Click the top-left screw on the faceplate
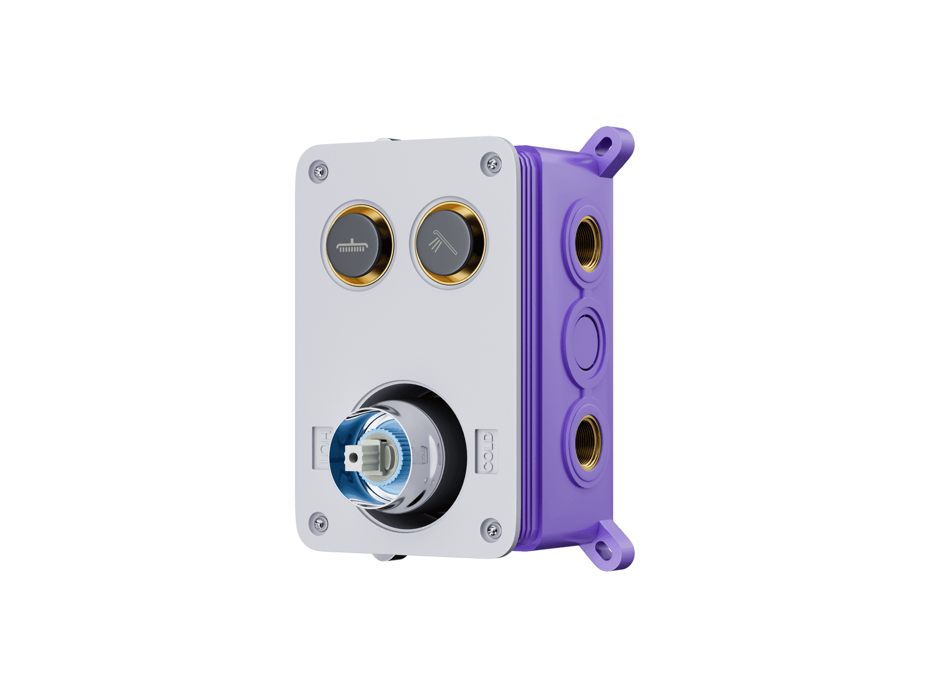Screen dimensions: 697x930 tap(319, 171)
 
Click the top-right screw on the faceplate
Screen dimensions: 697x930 tap(492, 164)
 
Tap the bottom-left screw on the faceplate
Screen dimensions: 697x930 tap(319, 523)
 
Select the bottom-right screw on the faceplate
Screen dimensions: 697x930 tap(492, 530)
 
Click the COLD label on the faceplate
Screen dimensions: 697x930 tap(487, 452)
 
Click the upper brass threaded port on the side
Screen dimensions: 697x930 tap(588, 243)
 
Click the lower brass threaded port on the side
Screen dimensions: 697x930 tap(588, 442)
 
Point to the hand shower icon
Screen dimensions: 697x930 tap(443, 242)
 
